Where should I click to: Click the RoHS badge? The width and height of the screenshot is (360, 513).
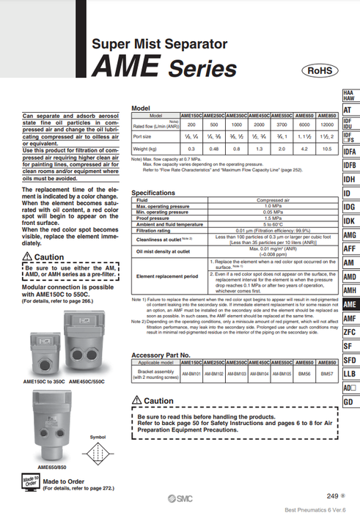pos(320,70)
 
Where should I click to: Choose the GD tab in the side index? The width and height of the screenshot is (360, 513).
pos(348,402)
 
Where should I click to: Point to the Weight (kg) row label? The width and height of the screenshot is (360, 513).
pos(144,149)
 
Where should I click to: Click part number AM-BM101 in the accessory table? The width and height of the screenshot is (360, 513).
pos(191,373)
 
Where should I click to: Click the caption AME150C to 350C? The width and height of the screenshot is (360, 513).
pos(43,381)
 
